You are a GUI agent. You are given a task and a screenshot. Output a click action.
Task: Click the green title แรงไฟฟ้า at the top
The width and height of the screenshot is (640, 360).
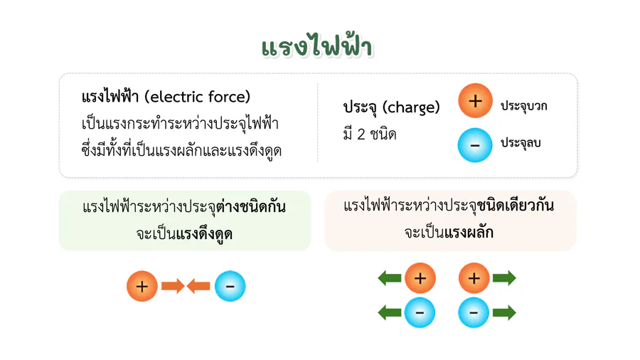pos(316,46)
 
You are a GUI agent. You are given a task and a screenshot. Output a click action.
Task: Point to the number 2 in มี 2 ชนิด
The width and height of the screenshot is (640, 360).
pos(361,134)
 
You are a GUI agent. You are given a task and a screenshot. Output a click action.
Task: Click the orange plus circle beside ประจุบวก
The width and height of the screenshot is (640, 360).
pos(475,101)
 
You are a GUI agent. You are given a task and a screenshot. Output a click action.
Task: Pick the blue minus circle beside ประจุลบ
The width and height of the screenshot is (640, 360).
pos(475,145)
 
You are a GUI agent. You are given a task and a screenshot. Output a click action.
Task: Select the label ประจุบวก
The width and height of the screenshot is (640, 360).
pos(523,106)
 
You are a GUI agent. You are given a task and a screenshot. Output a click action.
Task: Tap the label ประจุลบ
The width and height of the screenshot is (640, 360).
pos(521,142)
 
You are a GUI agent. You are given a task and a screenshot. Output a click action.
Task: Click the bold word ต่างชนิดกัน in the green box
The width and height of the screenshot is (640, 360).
pos(251,206)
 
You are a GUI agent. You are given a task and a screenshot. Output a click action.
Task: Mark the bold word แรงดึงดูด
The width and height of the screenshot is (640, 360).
pos(205,234)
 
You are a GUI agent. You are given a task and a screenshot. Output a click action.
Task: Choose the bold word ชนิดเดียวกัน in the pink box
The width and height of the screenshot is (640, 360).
pos(515,205)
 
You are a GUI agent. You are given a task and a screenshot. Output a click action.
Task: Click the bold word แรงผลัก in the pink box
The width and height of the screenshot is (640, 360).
pos(469,232)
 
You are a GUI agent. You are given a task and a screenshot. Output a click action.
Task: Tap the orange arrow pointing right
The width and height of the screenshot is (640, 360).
pos(173,286)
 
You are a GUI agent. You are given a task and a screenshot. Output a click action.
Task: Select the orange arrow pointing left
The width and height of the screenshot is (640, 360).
pos(198,286)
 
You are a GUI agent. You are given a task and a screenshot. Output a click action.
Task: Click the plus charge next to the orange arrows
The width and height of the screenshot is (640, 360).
pos(142,286)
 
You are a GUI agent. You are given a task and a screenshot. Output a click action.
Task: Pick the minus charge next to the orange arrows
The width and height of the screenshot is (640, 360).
pos(230,286)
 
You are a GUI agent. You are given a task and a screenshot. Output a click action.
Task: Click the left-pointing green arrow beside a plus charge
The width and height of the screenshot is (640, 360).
pos(390,278)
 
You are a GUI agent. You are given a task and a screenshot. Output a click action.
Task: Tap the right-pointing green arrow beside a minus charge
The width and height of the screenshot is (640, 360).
pos(504,313)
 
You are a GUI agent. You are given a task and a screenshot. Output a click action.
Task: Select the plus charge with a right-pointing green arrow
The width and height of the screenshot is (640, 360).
pos(474,278)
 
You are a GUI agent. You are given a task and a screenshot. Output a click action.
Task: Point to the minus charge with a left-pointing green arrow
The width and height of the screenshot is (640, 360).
pos(420,313)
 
